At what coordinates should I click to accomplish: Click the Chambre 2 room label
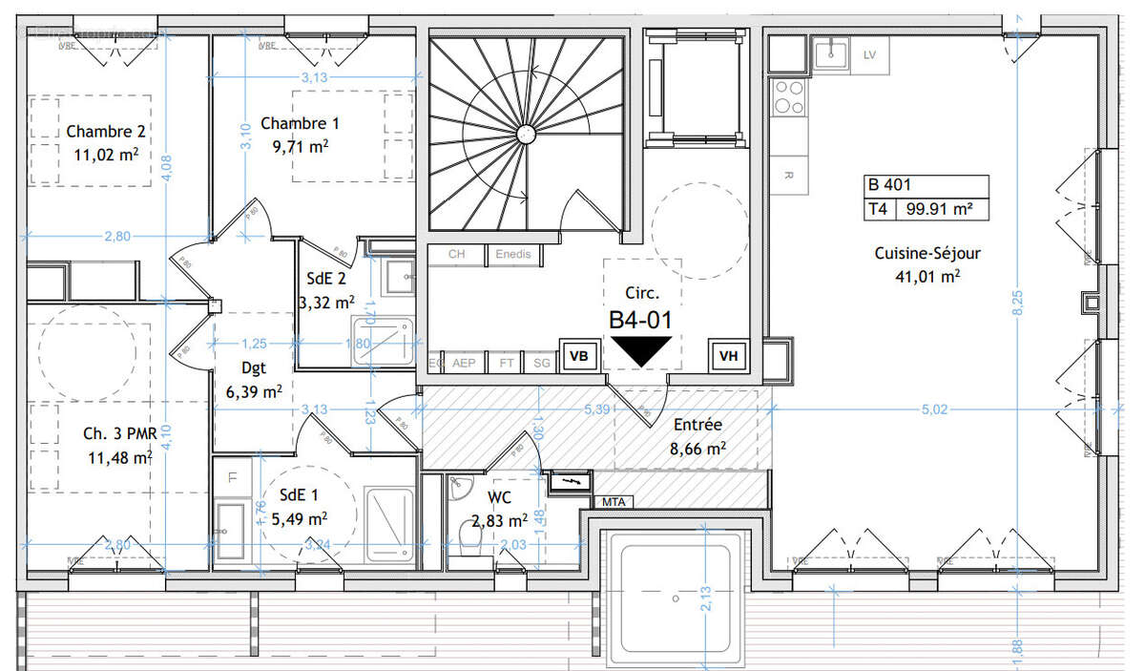[106, 132]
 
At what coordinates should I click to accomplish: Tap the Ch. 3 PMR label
[119, 434]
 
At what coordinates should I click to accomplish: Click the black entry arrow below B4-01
[640, 350]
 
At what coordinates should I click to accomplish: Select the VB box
[578, 356]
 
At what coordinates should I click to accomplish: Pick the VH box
[729, 356]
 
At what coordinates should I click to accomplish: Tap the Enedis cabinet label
[513, 255]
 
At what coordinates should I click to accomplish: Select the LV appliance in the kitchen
[868, 55]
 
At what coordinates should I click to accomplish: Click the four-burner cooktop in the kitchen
[789, 96]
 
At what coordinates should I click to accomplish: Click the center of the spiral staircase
[524, 133]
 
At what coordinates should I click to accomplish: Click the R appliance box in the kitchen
[788, 175]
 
